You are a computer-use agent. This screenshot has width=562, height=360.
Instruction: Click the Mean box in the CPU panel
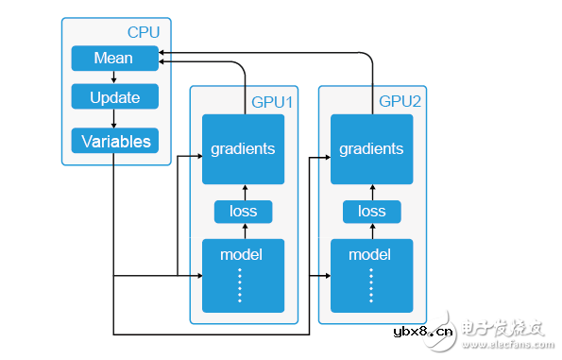point(113,59)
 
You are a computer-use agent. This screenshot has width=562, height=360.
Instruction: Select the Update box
point(114,97)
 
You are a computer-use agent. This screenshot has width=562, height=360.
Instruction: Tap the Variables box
point(114,142)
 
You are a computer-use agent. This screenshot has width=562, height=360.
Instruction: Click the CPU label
point(144,31)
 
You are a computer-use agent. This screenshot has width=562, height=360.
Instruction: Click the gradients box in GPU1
point(243,149)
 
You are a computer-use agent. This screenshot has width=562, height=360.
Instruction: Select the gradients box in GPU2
point(371,149)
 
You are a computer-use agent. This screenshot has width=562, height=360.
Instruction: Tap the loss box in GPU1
point(243,212)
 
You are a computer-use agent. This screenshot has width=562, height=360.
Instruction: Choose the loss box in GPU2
point(371,212)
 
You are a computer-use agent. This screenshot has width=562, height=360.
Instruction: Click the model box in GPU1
point(243,275)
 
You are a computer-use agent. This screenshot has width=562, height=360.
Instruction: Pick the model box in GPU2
point(371,275)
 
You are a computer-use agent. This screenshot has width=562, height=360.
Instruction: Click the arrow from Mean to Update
point(113,77)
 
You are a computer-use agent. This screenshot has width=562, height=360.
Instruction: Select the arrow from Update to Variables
point(113,119)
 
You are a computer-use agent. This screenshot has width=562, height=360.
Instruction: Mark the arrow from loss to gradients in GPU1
point(243,192)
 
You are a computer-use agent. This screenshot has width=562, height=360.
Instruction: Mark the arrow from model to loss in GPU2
point(371,231)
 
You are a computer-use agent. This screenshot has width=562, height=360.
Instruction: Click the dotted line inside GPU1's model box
point(240,285)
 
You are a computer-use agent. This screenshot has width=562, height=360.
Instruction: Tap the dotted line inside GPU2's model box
point(370,285)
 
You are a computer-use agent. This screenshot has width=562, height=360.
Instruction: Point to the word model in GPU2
point(369,255)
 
